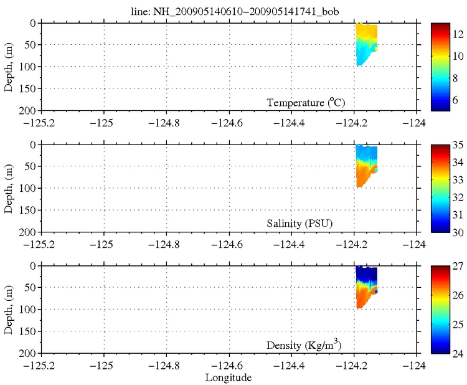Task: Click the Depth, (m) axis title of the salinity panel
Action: (9, 188)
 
